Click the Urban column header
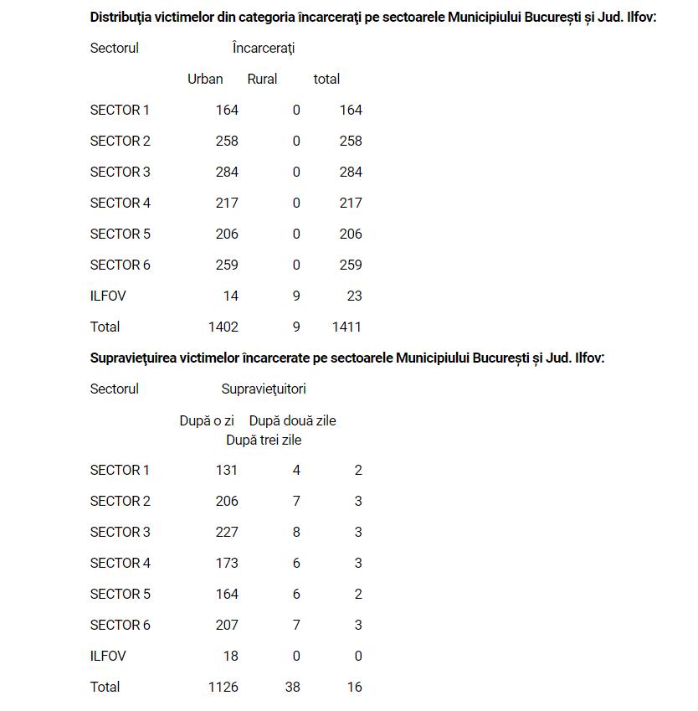point(205,79)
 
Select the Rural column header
point(262,79)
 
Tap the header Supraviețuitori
point(264,389)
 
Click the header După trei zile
point(264,440)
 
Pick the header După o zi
point(207,420)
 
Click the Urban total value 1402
point(223,327)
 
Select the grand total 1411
point(346,327)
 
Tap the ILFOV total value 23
point(354,296)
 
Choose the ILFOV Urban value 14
point(230,296)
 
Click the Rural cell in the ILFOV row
point(296,296)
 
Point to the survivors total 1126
point(223,687)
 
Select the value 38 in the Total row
point(292,687)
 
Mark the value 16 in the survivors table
point(354,687)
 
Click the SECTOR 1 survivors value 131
point(227,470)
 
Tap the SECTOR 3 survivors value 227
point(227,532)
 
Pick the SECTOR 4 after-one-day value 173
point(227,563)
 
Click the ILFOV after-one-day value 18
point(230,656)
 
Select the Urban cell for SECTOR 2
point(227,141)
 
